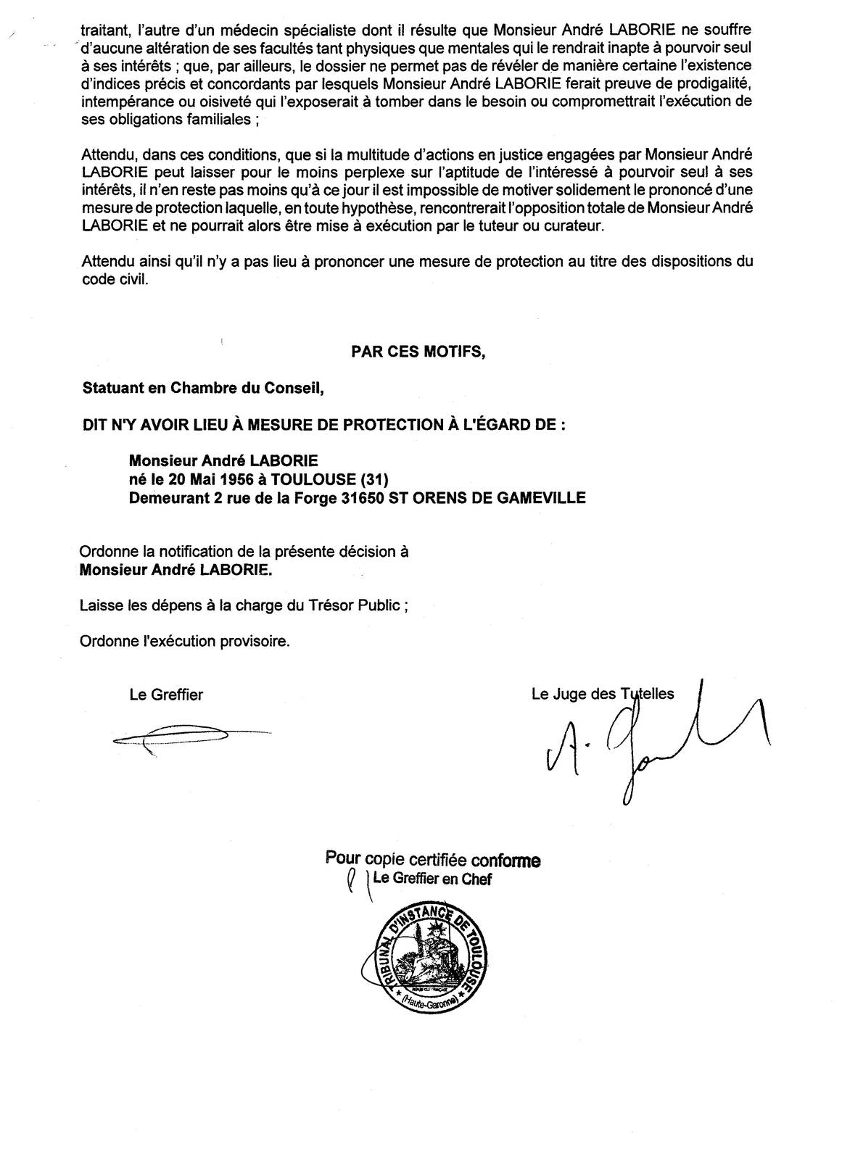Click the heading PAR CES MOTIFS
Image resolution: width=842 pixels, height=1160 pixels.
(x=418, y=351)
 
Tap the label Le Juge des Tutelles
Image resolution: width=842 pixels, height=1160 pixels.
(x=603, y=694)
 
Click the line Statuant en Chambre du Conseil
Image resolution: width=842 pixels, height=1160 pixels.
(x=203, y=387)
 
